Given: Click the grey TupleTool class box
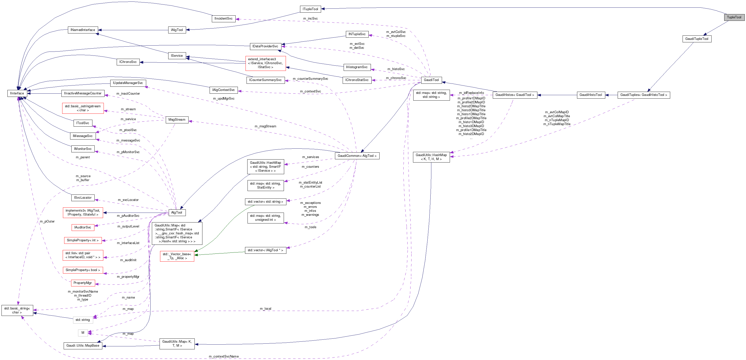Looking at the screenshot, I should click(x=734, y=17).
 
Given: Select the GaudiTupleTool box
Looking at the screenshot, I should click(x=696, y=39).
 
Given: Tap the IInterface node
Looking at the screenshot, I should click(x=17, y=93).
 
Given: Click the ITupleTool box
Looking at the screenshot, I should click(x=310, y=9).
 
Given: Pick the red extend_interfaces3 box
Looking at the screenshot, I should click(x=265, y=63).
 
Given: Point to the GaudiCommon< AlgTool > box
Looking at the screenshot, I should click(x=357, y=156).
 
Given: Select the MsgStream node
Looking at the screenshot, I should click(x=177, y=120).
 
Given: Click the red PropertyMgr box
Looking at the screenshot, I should click(x=83, y=283).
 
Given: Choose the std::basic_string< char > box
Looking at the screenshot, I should click(x=17, y=310).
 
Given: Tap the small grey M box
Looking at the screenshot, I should click(x=83, y=333).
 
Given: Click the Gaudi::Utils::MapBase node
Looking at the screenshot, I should click(x=83, y=346).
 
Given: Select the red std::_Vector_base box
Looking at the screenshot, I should click(x=177, y=256).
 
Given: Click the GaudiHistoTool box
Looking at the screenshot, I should click(x=590, y=95).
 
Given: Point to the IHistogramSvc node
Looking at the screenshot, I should click(x=357, y=67).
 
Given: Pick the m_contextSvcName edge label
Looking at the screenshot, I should click(x=223, y=357).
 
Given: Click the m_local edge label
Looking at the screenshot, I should click(x=265, y=309).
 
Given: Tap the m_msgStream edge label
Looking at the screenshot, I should click(x=265, y=126).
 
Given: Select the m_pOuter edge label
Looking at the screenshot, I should click(x=47, y=222).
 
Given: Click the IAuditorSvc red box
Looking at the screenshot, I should click(x=83, y=227).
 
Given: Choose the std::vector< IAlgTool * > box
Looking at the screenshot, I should click(x=265, y=250).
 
